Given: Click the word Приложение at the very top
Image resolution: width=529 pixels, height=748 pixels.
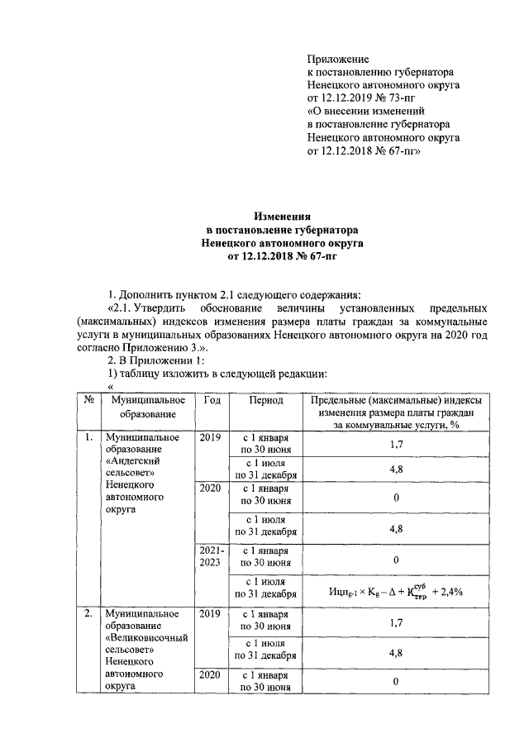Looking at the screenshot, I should [x=337, y=59].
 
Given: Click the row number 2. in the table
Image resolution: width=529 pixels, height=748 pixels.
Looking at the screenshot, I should [x=88, y=616].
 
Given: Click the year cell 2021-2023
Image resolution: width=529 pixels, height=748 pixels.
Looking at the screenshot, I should [x=210, y=555].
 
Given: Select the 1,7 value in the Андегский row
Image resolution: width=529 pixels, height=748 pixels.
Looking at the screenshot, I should [x=396, y=444].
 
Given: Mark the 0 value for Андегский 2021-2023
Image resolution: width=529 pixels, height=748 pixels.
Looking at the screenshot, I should [x=396, y=559].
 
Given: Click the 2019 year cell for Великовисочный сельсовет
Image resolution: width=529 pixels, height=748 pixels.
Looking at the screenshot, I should [x=210, y=616].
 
